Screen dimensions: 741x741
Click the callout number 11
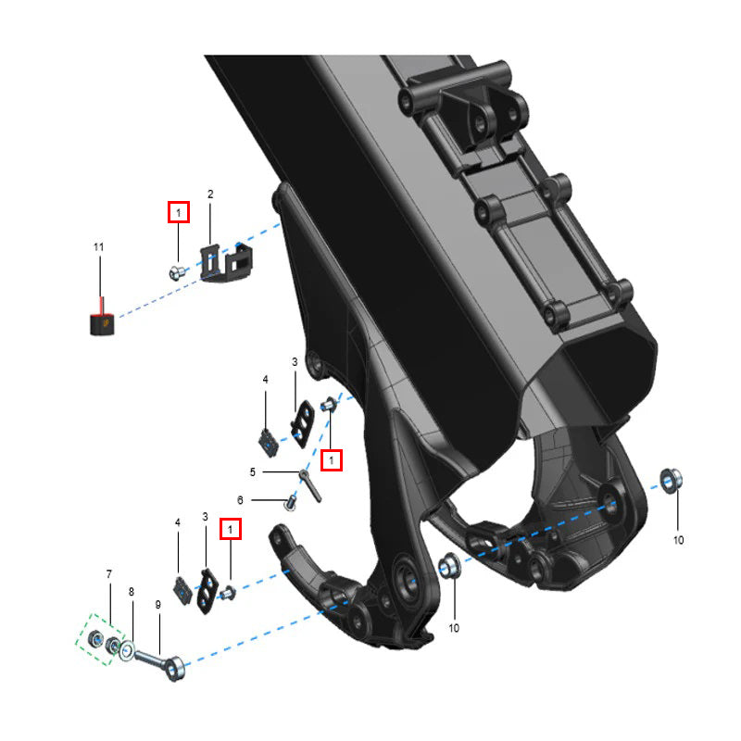[98, 247]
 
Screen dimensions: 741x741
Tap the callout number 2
[210, 195]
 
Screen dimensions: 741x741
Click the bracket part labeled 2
[226, 263]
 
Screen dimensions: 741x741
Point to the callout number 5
[253, 472]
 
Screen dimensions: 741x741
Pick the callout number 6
[240, 500]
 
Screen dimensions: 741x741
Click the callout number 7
[109, 574]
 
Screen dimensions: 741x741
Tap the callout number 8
[132, 592]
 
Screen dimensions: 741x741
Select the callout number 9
[157, 605]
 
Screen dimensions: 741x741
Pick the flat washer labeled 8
[127, 652]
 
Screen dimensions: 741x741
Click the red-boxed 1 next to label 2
[179, 212]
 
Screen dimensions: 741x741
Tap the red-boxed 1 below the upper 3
[332, 459]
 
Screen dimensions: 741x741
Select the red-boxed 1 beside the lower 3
[231, 529]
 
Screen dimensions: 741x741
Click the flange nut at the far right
[671, 481]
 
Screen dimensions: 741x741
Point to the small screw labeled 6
[291, 502]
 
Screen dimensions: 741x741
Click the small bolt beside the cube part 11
[176, 273]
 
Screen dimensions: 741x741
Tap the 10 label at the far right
[678, 540]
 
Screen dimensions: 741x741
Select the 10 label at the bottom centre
[454, 628]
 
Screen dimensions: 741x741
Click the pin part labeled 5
[310, 485]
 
